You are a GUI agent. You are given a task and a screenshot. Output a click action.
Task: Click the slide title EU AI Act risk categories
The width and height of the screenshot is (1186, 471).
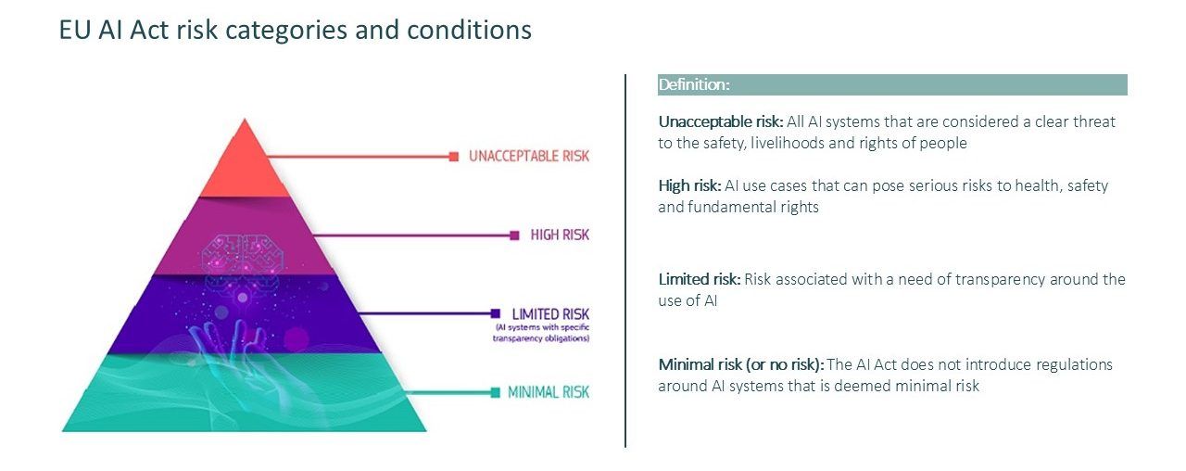pos(295,30)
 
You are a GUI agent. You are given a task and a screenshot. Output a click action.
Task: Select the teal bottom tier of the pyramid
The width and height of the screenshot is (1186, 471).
pos(244,393)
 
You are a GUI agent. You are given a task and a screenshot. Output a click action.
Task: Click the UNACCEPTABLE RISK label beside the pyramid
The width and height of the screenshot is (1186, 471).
pos(529,157)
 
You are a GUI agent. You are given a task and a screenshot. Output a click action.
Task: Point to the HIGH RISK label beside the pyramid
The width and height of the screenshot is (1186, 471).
pos(560,235)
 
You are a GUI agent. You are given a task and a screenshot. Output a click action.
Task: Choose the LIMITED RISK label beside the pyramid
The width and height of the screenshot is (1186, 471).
pos(550,313)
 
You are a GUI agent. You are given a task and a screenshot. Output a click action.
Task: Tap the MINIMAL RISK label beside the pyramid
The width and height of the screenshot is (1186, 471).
pos(549,392)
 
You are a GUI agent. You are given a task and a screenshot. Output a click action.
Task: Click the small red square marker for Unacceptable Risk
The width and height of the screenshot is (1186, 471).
pos(454,157)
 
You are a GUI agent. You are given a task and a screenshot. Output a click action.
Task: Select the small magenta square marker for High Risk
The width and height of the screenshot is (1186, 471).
pos(514,235)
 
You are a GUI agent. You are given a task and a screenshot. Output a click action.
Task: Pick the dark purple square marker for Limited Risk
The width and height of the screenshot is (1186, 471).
pos(496,313)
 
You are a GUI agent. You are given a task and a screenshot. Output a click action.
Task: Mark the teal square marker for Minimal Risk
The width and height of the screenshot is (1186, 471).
pos(496,392)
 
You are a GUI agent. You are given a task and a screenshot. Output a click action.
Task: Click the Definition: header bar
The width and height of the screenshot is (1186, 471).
pos(892,84)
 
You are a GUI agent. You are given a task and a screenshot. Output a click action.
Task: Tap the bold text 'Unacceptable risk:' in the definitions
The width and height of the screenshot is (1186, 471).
pos(721,121)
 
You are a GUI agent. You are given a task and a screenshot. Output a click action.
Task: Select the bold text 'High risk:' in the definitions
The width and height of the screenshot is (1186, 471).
pos(689,186)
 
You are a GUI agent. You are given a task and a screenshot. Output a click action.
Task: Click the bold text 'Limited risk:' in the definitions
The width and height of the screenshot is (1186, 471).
pos(700,279)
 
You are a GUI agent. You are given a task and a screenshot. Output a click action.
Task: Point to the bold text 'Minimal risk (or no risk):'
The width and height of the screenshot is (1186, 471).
pos(740,364)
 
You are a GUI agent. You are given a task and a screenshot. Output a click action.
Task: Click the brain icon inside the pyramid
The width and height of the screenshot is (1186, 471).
pos(243,255)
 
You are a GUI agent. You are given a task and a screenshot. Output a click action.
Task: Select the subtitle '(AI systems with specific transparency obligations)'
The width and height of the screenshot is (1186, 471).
pos(541,333)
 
